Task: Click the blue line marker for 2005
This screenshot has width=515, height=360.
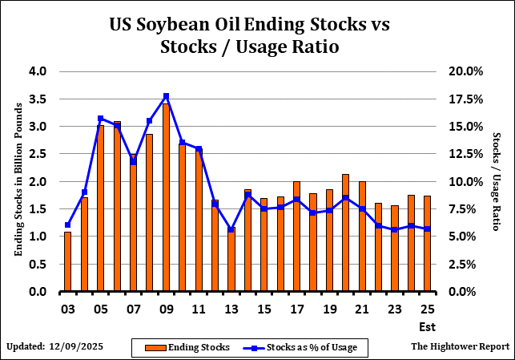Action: tap(100, 119)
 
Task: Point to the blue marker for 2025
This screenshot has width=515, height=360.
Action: tap(427, 229)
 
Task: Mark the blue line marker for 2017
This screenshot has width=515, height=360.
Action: tap(296, 199)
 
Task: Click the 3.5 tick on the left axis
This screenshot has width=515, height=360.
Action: tap(39, 99)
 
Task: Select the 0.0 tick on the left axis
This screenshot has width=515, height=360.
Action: tap(39, 292)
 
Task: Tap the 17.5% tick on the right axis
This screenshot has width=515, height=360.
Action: tap(465, 99)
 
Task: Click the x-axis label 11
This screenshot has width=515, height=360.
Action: tap(199, 309)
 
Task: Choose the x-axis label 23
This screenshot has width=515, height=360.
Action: tap(394, 309)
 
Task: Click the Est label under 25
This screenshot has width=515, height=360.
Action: tap(427, 326)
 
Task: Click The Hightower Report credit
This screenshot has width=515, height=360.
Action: tap(460, 347)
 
